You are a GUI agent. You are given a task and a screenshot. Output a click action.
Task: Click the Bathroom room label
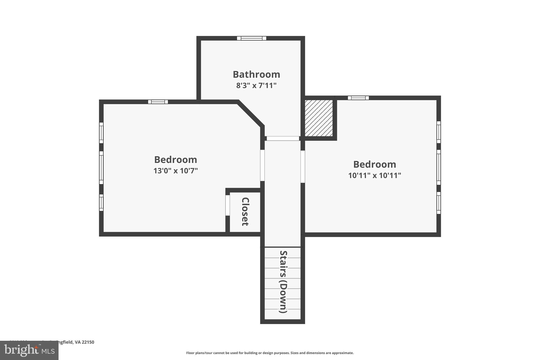click(256, 75)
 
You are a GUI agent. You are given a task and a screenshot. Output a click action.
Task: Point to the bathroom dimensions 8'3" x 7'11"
click(256, 86)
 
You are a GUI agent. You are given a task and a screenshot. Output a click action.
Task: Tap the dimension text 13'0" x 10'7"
click(176, 171)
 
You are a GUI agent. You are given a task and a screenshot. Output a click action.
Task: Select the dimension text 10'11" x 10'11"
click(374, 176)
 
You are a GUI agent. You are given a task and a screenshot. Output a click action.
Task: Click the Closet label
click(245, 212)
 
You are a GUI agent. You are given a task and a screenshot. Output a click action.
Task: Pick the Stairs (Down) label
click(283, 282)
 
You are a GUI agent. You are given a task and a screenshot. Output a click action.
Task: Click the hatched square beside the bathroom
click(319, 118)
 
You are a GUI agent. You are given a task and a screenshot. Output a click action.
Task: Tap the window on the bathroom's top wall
click(252, 38)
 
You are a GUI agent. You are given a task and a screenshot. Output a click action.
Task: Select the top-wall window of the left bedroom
click(158, 102)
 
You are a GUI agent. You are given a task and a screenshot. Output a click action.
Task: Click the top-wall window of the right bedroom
click(358, 98)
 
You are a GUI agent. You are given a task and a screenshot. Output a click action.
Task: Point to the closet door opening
click(228, 205)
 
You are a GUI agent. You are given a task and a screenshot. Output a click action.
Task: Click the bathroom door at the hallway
click(283, 138)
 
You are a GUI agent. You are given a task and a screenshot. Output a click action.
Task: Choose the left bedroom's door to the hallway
click(262, 165)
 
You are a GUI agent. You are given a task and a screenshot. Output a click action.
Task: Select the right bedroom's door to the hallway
click(303, 167)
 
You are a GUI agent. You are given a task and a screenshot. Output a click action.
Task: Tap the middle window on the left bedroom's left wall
click(101, 167)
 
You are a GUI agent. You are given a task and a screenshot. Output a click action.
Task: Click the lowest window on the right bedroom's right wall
click(438, 203)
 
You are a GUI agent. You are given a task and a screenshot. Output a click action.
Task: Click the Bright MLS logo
click(29, 350)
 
